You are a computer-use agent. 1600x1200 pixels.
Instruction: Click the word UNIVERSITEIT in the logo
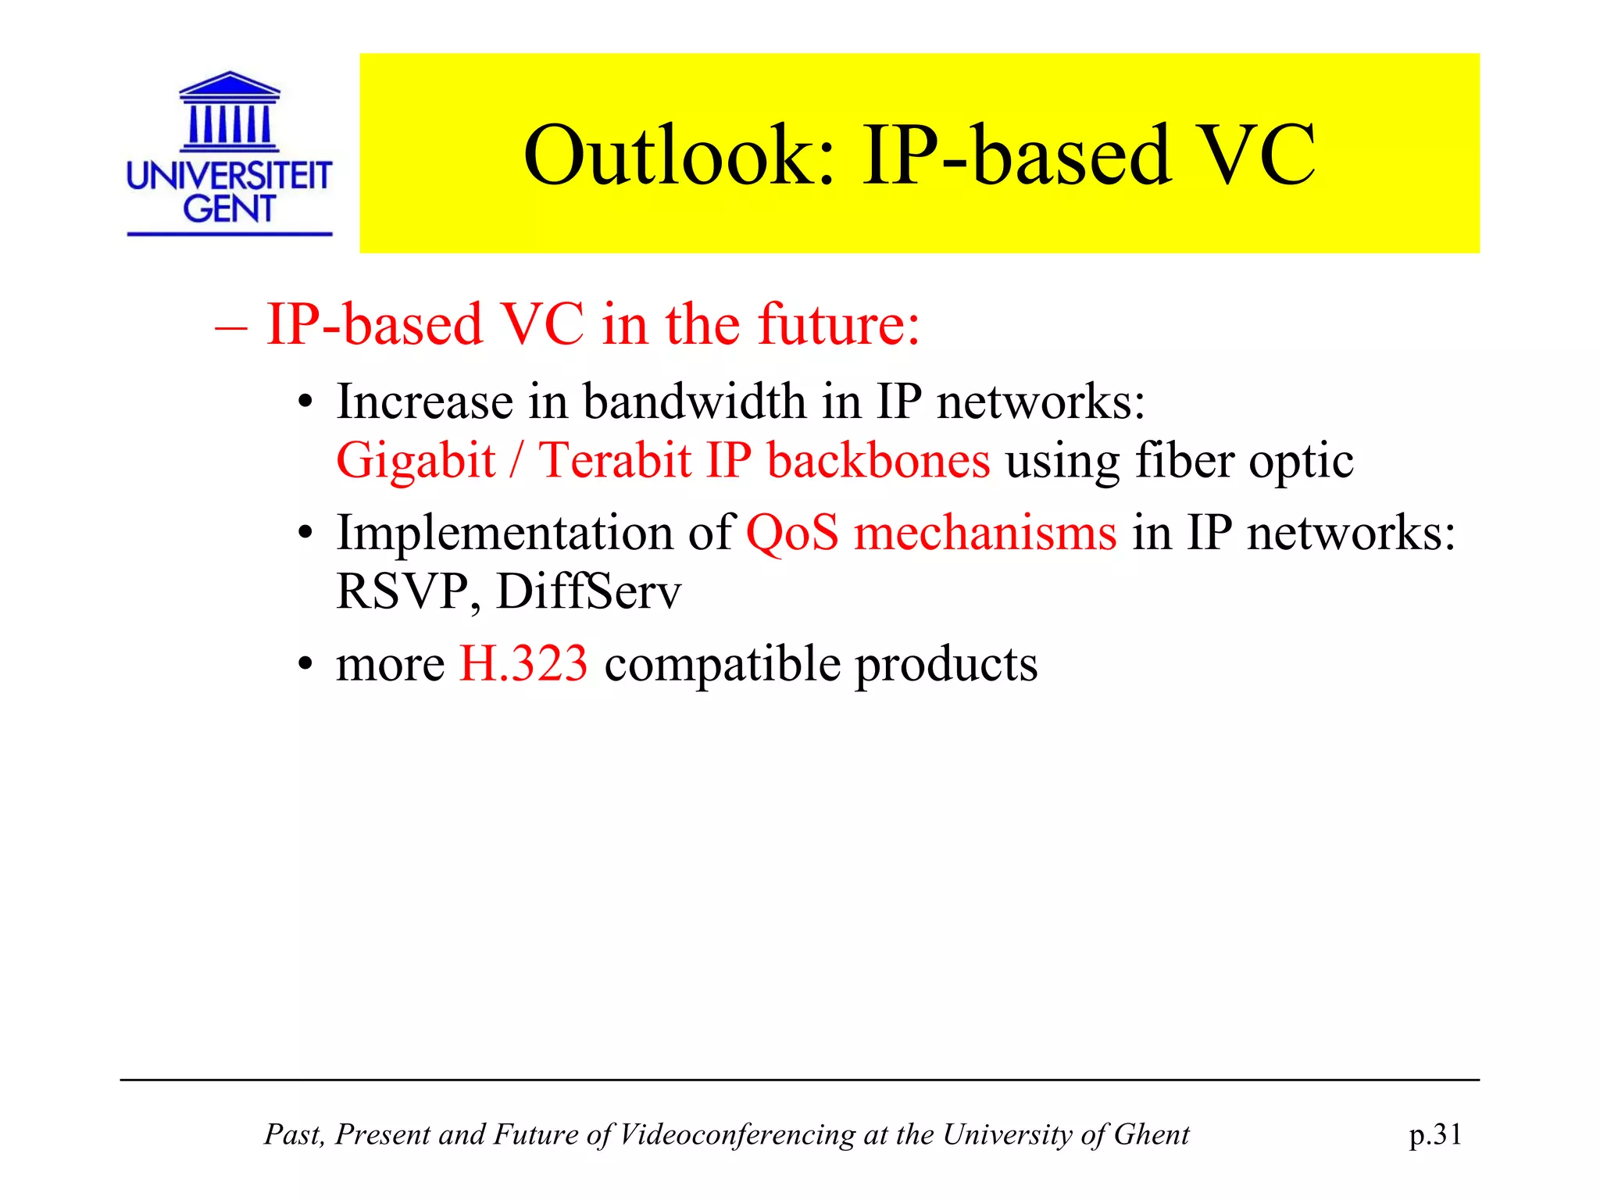229,176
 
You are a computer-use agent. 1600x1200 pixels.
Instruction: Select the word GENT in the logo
229,209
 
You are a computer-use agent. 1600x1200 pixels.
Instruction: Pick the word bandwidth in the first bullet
695,402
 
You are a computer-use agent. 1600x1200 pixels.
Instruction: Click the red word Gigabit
416,460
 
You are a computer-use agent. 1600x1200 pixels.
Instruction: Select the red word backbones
878,460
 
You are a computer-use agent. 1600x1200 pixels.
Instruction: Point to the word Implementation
505,534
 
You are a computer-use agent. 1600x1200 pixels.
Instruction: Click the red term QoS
791,534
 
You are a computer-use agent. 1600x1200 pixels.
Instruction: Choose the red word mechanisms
985,534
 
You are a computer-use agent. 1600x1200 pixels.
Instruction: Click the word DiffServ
588,591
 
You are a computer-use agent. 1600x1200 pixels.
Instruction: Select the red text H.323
523,664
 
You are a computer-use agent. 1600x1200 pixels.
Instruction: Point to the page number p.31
1435,1134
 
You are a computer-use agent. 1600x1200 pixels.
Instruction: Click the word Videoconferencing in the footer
737,1134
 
